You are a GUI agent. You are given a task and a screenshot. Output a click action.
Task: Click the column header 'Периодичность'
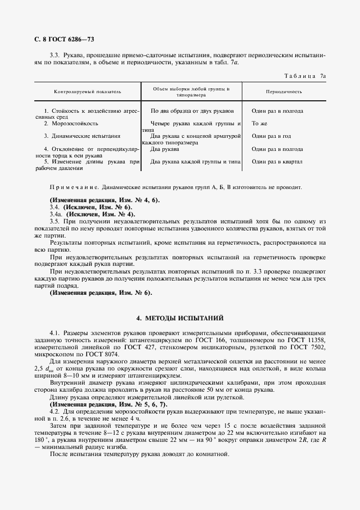pos(284,91)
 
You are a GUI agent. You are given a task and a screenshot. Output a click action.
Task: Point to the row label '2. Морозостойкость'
pos(71,124)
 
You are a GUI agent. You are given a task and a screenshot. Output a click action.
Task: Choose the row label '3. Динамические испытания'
pos(82,136)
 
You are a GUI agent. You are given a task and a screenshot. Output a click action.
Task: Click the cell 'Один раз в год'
pos(271,136)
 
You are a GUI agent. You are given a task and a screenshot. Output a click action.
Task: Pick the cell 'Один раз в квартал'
pos(277,161)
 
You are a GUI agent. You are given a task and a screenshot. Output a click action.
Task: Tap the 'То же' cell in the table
pos(258,124)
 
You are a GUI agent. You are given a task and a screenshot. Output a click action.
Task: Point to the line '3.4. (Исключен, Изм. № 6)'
pos(90,208)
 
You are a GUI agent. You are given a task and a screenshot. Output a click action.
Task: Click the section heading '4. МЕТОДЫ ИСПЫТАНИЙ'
pos(180,318)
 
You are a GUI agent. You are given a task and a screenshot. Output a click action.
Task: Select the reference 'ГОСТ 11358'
pos(309,339)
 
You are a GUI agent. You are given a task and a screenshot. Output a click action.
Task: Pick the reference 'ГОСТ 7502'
pos(309,347)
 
